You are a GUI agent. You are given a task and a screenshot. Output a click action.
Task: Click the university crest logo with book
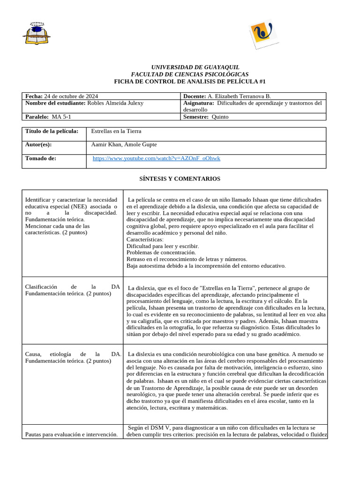click(x=37, y=33)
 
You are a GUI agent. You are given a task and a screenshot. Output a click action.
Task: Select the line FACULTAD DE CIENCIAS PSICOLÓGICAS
click(x=189, y=75)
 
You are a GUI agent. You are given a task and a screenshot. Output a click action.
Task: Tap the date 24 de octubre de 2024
click(x=71, y=96)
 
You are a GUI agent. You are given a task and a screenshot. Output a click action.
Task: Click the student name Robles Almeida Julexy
click(x=115, y=103)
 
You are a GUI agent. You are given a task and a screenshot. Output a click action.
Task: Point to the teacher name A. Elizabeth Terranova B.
click(x=239, y=96)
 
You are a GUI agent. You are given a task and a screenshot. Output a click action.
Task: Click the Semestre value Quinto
click(x=220, y=117)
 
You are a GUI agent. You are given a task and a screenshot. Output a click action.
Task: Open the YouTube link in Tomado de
click(x=157, y=158)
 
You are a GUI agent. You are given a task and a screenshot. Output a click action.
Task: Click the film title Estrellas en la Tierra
click(x=116, y=131)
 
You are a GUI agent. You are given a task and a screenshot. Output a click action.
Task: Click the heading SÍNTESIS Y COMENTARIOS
click(x=180, y=179)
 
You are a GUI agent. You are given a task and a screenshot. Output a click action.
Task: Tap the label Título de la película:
click(x=52, y=131)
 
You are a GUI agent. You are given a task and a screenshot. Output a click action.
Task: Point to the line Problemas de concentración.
click(x=161, y=252)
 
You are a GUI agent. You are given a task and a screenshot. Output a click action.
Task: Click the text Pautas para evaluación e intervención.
click(x=71, y=435)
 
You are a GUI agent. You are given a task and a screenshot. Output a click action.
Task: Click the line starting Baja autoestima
click(x=206, y=265)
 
